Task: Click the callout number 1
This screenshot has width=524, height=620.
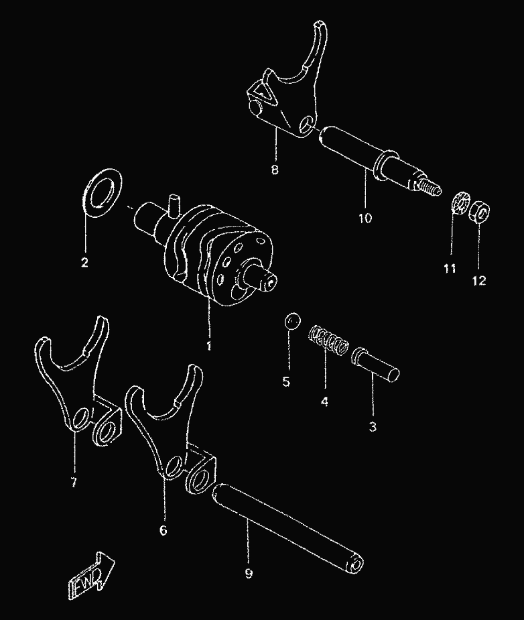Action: click(208, 345)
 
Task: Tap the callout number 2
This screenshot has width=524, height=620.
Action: click(84, 262)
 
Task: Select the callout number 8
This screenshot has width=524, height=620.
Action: click(275, 170)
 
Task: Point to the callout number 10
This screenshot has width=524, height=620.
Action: click(365, 217)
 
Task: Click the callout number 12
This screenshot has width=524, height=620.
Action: click(478, 281)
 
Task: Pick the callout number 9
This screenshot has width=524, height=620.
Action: click(248, 574)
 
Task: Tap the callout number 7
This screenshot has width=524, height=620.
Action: click(74, 483)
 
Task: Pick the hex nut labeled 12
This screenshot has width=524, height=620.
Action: click(479, 212)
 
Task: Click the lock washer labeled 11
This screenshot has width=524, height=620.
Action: click(460, 203)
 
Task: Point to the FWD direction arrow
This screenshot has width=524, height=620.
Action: click(91, 571)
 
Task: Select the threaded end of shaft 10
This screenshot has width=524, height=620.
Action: click(432, 188)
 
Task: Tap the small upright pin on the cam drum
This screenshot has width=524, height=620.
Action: click(173, 205)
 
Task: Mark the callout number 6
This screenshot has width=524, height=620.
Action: click(163, 530)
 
